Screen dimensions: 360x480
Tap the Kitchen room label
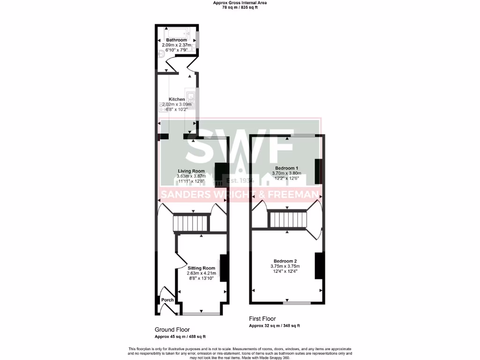click(x=177, y=99)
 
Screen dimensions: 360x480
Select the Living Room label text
click(x=191, y=171)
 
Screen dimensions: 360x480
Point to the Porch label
click(x=167, y=300)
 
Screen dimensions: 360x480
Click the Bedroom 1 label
click(x=287, y=168)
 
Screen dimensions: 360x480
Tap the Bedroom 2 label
click(x=285, y=261)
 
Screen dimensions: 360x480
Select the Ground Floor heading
click(x=172, y=330)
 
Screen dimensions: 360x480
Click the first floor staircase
click(x=287, y=218)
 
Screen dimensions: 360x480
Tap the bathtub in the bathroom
click(x=177, y=33)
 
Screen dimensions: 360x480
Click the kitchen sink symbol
click(x=191, y=98)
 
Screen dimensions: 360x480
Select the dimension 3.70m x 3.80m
click(x=287, y=173)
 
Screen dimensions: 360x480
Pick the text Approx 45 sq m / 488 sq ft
click(x=180, y=337)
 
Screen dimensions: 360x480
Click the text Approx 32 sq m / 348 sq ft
click(x=274, y=326)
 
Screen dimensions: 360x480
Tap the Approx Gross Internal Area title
click(x=240, y=2)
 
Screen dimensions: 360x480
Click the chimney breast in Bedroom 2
click(x=319, y=266)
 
